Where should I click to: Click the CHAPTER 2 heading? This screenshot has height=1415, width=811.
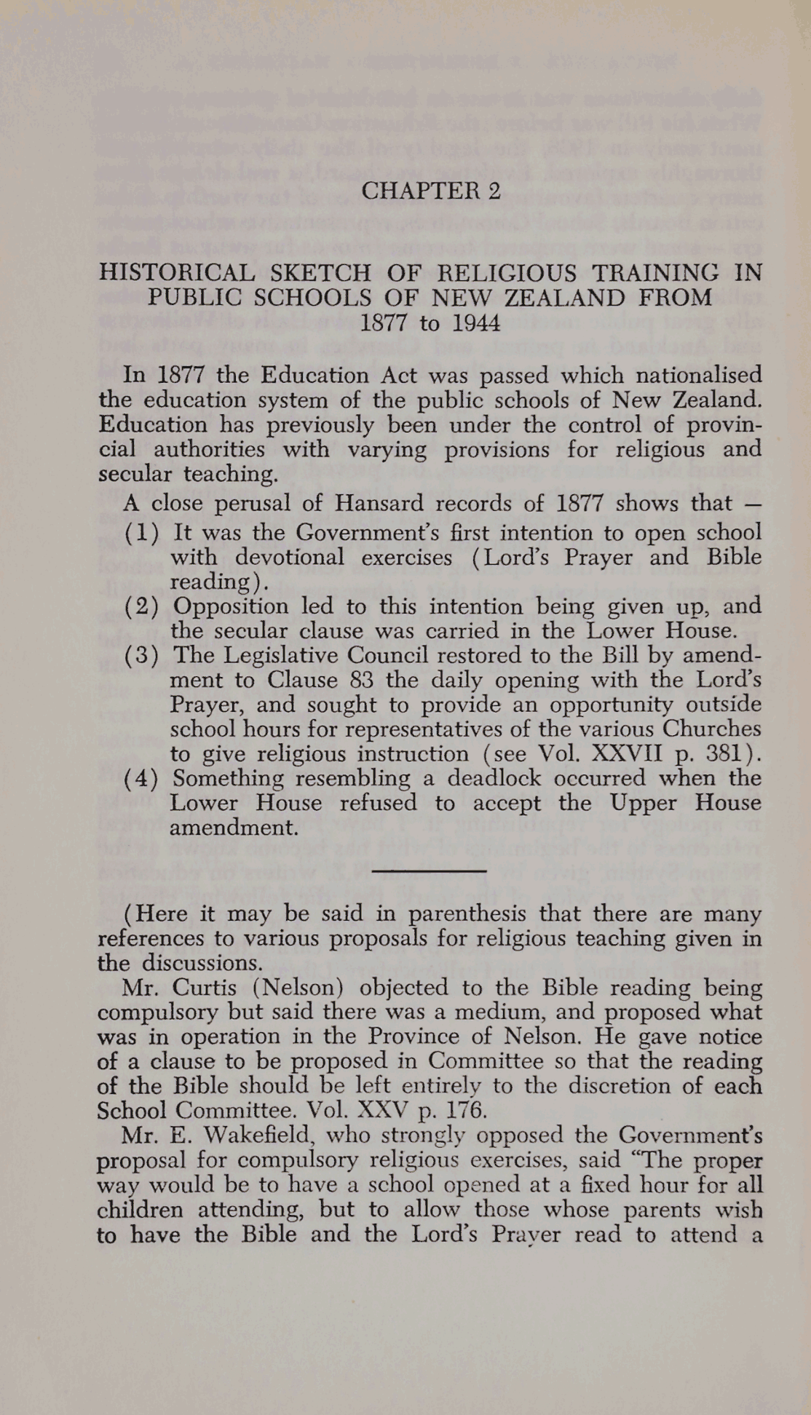(x=431, y=191)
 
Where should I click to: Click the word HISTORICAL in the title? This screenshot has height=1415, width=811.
(x=177, y=273)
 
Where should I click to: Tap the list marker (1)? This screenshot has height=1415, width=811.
(x=141, y=533)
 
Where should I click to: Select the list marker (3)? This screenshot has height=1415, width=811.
(x=141, y=656)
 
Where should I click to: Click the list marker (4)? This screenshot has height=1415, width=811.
(x=141, y=779)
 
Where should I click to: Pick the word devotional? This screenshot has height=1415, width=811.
(x=289, y=558)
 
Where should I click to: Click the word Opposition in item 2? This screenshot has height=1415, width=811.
(x=231, y=606)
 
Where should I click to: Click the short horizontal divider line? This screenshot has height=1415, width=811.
(x=429, y=870)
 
